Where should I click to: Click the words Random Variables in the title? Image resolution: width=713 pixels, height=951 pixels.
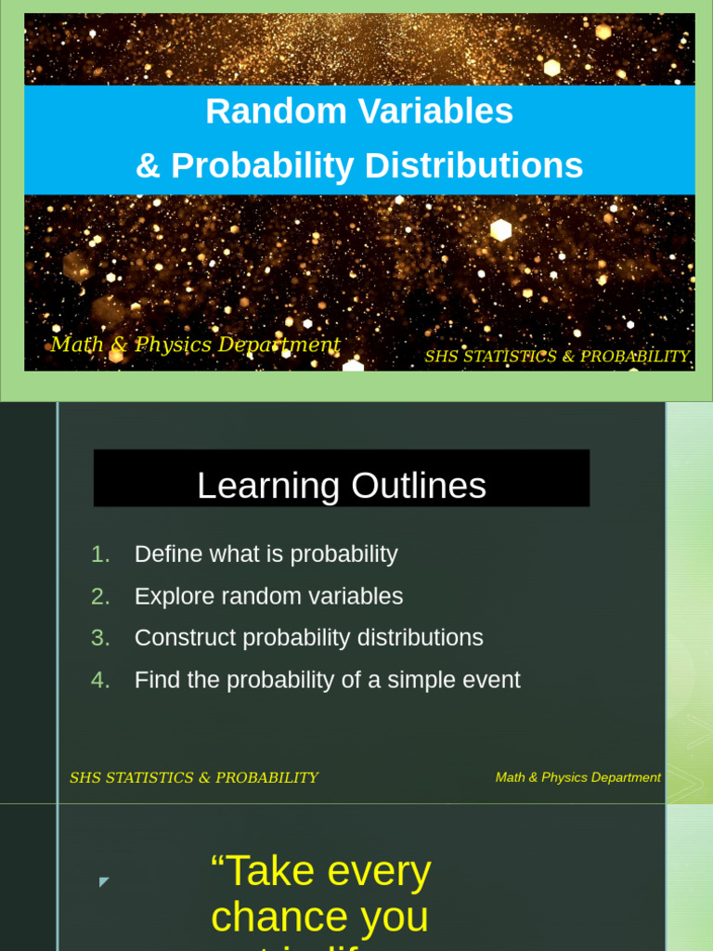click(x=359, y=111)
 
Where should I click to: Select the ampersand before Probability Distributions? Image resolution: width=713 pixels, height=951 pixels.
click(x=148, y=166)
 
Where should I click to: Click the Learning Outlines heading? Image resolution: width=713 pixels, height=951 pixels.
click(x=342, y=486)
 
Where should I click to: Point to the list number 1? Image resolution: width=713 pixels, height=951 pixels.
click(x=100, y=554)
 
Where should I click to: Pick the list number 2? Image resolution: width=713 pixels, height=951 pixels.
click(x=100, y=596)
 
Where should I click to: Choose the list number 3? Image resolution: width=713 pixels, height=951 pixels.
click(x=100, y=638)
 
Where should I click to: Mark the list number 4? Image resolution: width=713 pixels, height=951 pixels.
click(x=100, y=680)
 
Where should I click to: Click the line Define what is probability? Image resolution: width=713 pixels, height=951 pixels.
click(x=266, y=554)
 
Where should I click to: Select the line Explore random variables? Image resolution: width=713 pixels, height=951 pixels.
click(x=268, y=596)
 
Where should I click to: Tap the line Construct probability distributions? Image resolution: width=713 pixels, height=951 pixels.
click(x=308, y=638)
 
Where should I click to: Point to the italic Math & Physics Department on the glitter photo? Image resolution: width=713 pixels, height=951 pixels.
click(x=195, y=345)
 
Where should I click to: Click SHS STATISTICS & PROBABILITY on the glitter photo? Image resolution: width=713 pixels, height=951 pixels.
click(x=557, y=357)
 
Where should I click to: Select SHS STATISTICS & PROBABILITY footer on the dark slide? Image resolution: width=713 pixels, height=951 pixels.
click(x=193, y=778)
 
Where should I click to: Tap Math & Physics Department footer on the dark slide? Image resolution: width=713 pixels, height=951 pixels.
click(x=577, y=777)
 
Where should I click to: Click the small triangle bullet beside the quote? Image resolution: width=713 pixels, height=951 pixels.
click(x=104, y=881)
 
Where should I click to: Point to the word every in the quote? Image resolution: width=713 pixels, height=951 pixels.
click(x=376, y=871)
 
